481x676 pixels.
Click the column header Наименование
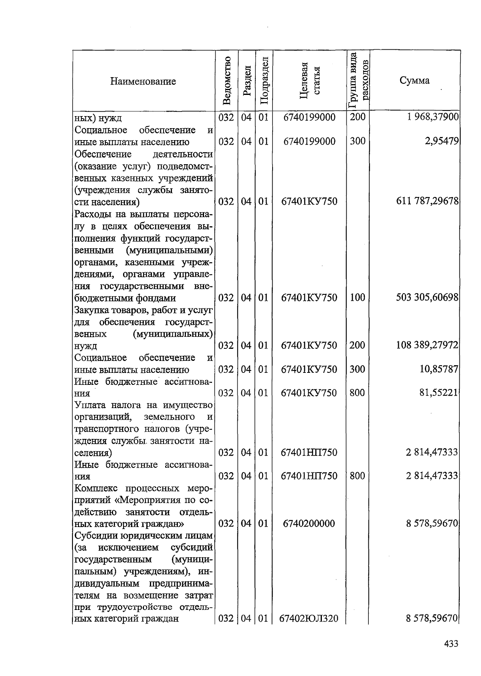(x=143, y=82)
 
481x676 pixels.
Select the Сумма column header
(x=414, y=80)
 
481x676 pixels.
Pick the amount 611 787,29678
(x=427, y=201)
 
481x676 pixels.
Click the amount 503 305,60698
(x=427, y=298)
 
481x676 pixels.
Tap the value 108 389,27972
(x=427, y=345)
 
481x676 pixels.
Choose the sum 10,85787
(x=439, y=369)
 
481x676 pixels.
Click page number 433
(x=451, y=644)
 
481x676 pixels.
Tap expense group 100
(x=357, y=298)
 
